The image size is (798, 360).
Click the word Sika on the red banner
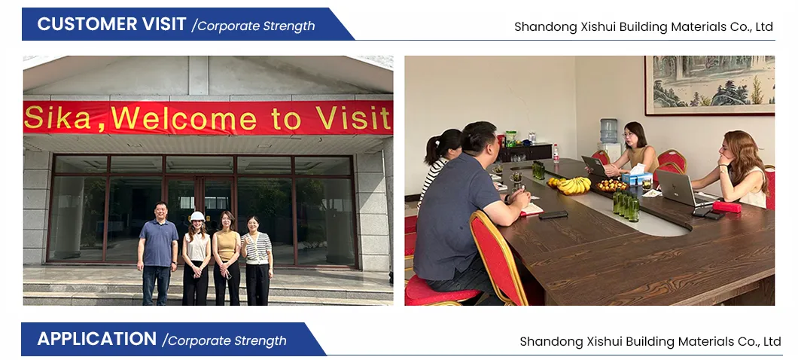[x=57, y=118]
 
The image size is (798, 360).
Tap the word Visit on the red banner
[x=354, y=117]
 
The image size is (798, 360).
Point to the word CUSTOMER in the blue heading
[x=111, y=24]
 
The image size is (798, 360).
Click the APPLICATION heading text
[x=96, y=339]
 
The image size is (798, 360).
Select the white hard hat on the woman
[x=197, y=216]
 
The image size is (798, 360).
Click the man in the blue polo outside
[x=158, y=253]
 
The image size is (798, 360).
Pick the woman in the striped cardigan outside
[x=257, y=260]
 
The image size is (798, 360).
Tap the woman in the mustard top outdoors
[x=227, y=258]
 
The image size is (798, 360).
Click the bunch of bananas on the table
[x=574, y=185]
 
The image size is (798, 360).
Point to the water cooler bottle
[x=609, y=131]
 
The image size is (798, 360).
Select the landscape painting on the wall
[x=709, y=84]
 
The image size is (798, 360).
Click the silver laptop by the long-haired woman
[x=679, y=188]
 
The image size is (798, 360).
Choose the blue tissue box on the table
[x=636, y=178]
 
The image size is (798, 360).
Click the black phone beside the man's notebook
[x=553, y=215]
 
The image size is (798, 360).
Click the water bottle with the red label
[x=556, y=153]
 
